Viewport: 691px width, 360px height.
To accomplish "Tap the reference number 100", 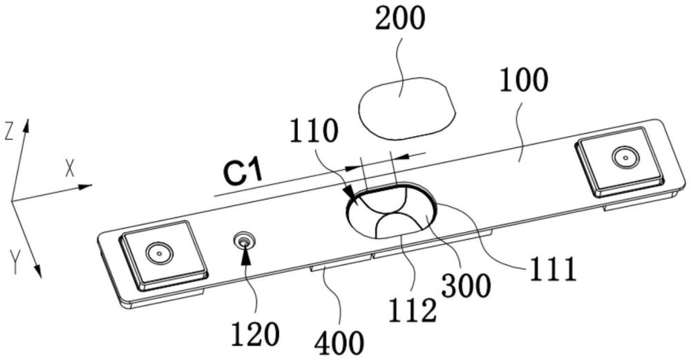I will pos(526,82).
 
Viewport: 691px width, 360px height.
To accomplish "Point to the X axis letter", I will pos(70,169).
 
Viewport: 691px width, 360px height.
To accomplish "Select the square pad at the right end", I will pos(621,162).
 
